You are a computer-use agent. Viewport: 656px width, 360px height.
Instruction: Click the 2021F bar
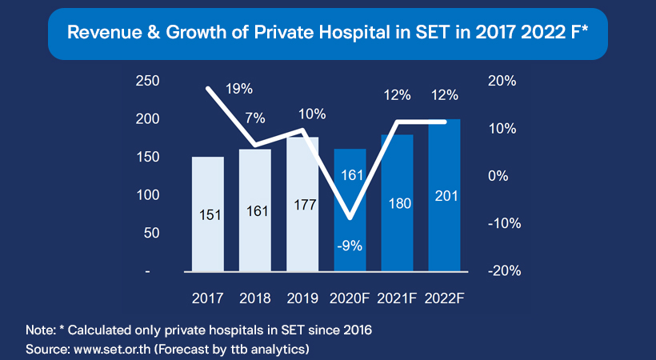tap(397, 232)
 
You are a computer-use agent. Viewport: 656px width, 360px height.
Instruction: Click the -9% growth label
tap(350, 246)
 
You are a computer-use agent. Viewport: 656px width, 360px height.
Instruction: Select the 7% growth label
tap(255, 118)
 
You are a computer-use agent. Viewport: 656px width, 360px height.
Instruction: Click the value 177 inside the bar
tap(302, 205)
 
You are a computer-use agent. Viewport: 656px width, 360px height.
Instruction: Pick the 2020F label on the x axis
tap(350, 298)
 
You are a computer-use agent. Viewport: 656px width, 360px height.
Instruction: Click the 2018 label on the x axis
tap(255, 298)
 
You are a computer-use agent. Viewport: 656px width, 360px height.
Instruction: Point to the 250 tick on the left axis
tap(148, 81)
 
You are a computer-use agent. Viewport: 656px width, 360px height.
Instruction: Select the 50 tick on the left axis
tap(151, 233)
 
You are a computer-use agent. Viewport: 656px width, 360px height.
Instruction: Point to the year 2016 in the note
tap(354, 330)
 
